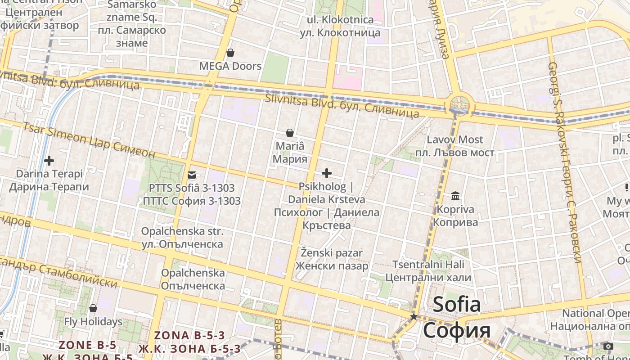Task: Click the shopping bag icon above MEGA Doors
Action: (x=230, y=53)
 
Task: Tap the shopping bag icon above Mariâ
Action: (x=290, y=133)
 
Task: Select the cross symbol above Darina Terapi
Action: (x=49, y=160)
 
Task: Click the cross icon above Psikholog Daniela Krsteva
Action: (x=327, y=173)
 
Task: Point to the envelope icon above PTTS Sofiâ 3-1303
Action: (x=192, y=175)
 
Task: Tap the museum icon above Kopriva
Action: (x=455, y=196)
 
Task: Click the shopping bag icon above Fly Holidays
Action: (x=93, y=308)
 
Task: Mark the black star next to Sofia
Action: (x=414, y=317)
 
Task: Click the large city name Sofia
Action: (x=457, y=305)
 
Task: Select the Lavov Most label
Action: (x=454, y=139)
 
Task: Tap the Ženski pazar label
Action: (x=332, y=253)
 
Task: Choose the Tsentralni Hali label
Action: (x=428, y=265)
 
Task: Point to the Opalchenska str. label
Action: (x=182, y=231)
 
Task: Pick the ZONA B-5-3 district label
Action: (x=189, y=336)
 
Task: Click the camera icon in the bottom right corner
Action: (x=608, y=346)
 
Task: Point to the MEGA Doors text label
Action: (x=230, y=66)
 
